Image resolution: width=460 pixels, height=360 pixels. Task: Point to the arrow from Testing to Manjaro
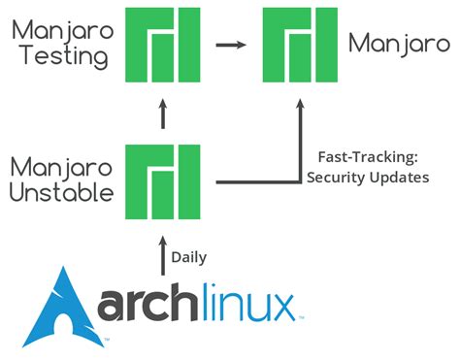pos(230,45)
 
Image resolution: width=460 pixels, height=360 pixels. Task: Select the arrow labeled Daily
pos(163,254)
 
